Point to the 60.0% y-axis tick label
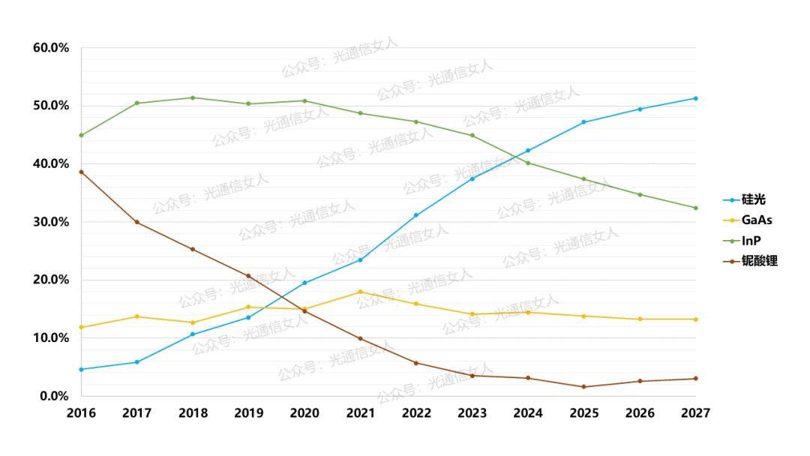coord(51,48)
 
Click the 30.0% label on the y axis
coord(51,222)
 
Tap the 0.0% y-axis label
coord(54,396)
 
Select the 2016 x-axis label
coord(80,412)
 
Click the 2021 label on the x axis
coord(361,412)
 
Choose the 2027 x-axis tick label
coord(696,412)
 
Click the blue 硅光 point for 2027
coord(696,98)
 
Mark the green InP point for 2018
coord(193,97)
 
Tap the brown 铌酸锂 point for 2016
coord(81,172)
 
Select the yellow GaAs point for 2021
coord(361,292)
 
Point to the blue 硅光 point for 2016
coord(81,369)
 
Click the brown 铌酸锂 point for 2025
coord(584,387)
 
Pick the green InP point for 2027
coord(696,208)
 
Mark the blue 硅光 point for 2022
coord(416,215)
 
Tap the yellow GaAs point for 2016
coord(81,327)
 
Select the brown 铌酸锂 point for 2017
coord(136,222)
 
